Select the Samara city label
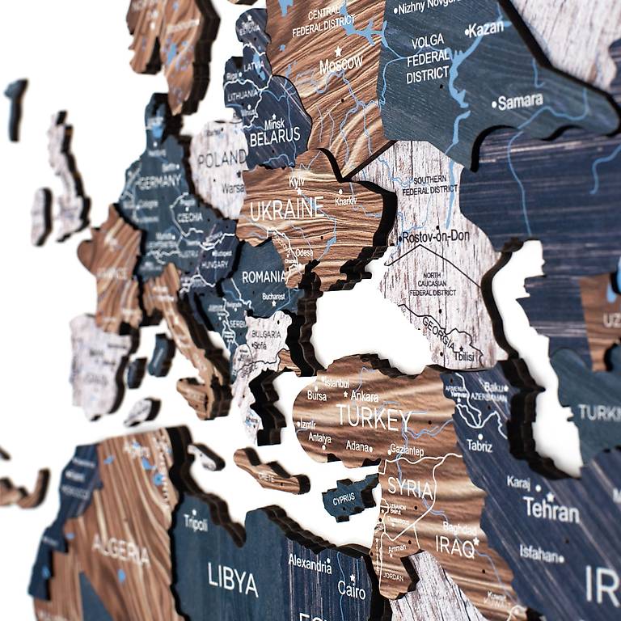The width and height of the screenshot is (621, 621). click(x=520, y=102)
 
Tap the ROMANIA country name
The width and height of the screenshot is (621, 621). click(x=264, y=277)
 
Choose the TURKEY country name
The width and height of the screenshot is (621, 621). click(x=374, y=417)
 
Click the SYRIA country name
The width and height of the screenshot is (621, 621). click(x=410, y=487)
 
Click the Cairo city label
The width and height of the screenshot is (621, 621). click(x=351, y=589)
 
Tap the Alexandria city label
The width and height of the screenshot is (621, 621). click(x=310, y=564)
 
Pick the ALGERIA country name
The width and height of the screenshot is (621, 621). click(x=120, y=549)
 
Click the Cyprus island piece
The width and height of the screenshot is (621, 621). click(x=346, y=496)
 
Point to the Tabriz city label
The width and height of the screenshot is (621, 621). click(x=479, y=445)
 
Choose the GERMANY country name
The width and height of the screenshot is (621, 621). click(x=159, y=183)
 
